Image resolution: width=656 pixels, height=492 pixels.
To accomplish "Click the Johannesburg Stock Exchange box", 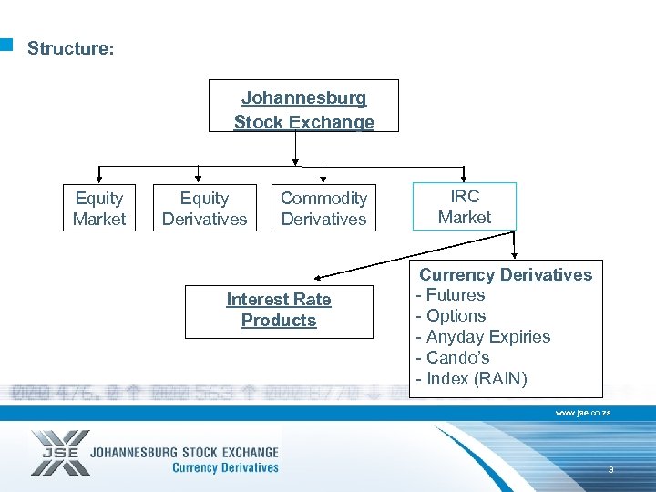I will pyautogui.click(x=303, y=109).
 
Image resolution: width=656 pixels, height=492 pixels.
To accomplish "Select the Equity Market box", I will pyautogui.click(x=99, y=209).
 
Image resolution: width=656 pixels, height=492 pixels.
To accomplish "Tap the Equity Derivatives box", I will pyautogui.click(x=204, y=209).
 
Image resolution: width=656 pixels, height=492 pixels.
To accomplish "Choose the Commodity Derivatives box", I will pyautogui.click(x=323, y=209).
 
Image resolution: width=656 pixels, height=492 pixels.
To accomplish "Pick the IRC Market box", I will pyautogui.click(x=464, y=207).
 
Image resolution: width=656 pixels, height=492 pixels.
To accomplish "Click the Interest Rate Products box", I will pyautogui.click(x=279, y=311).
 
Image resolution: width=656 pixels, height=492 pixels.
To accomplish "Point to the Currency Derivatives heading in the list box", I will pyautogui.click(x=506, y=274).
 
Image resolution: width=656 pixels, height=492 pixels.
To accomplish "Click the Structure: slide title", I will pyautogui.click(x=71, y=48).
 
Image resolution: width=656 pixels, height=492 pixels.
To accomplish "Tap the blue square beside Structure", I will pyautogui.click(x=6, y=43).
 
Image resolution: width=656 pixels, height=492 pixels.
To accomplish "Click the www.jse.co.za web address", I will pyautogui.click(x=583, y=413).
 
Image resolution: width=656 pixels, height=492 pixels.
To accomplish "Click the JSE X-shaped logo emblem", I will pyautogui.click(x=60, y=453).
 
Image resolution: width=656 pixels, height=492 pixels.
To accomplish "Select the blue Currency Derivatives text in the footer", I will pyautogui.click(x=225, y=468).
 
